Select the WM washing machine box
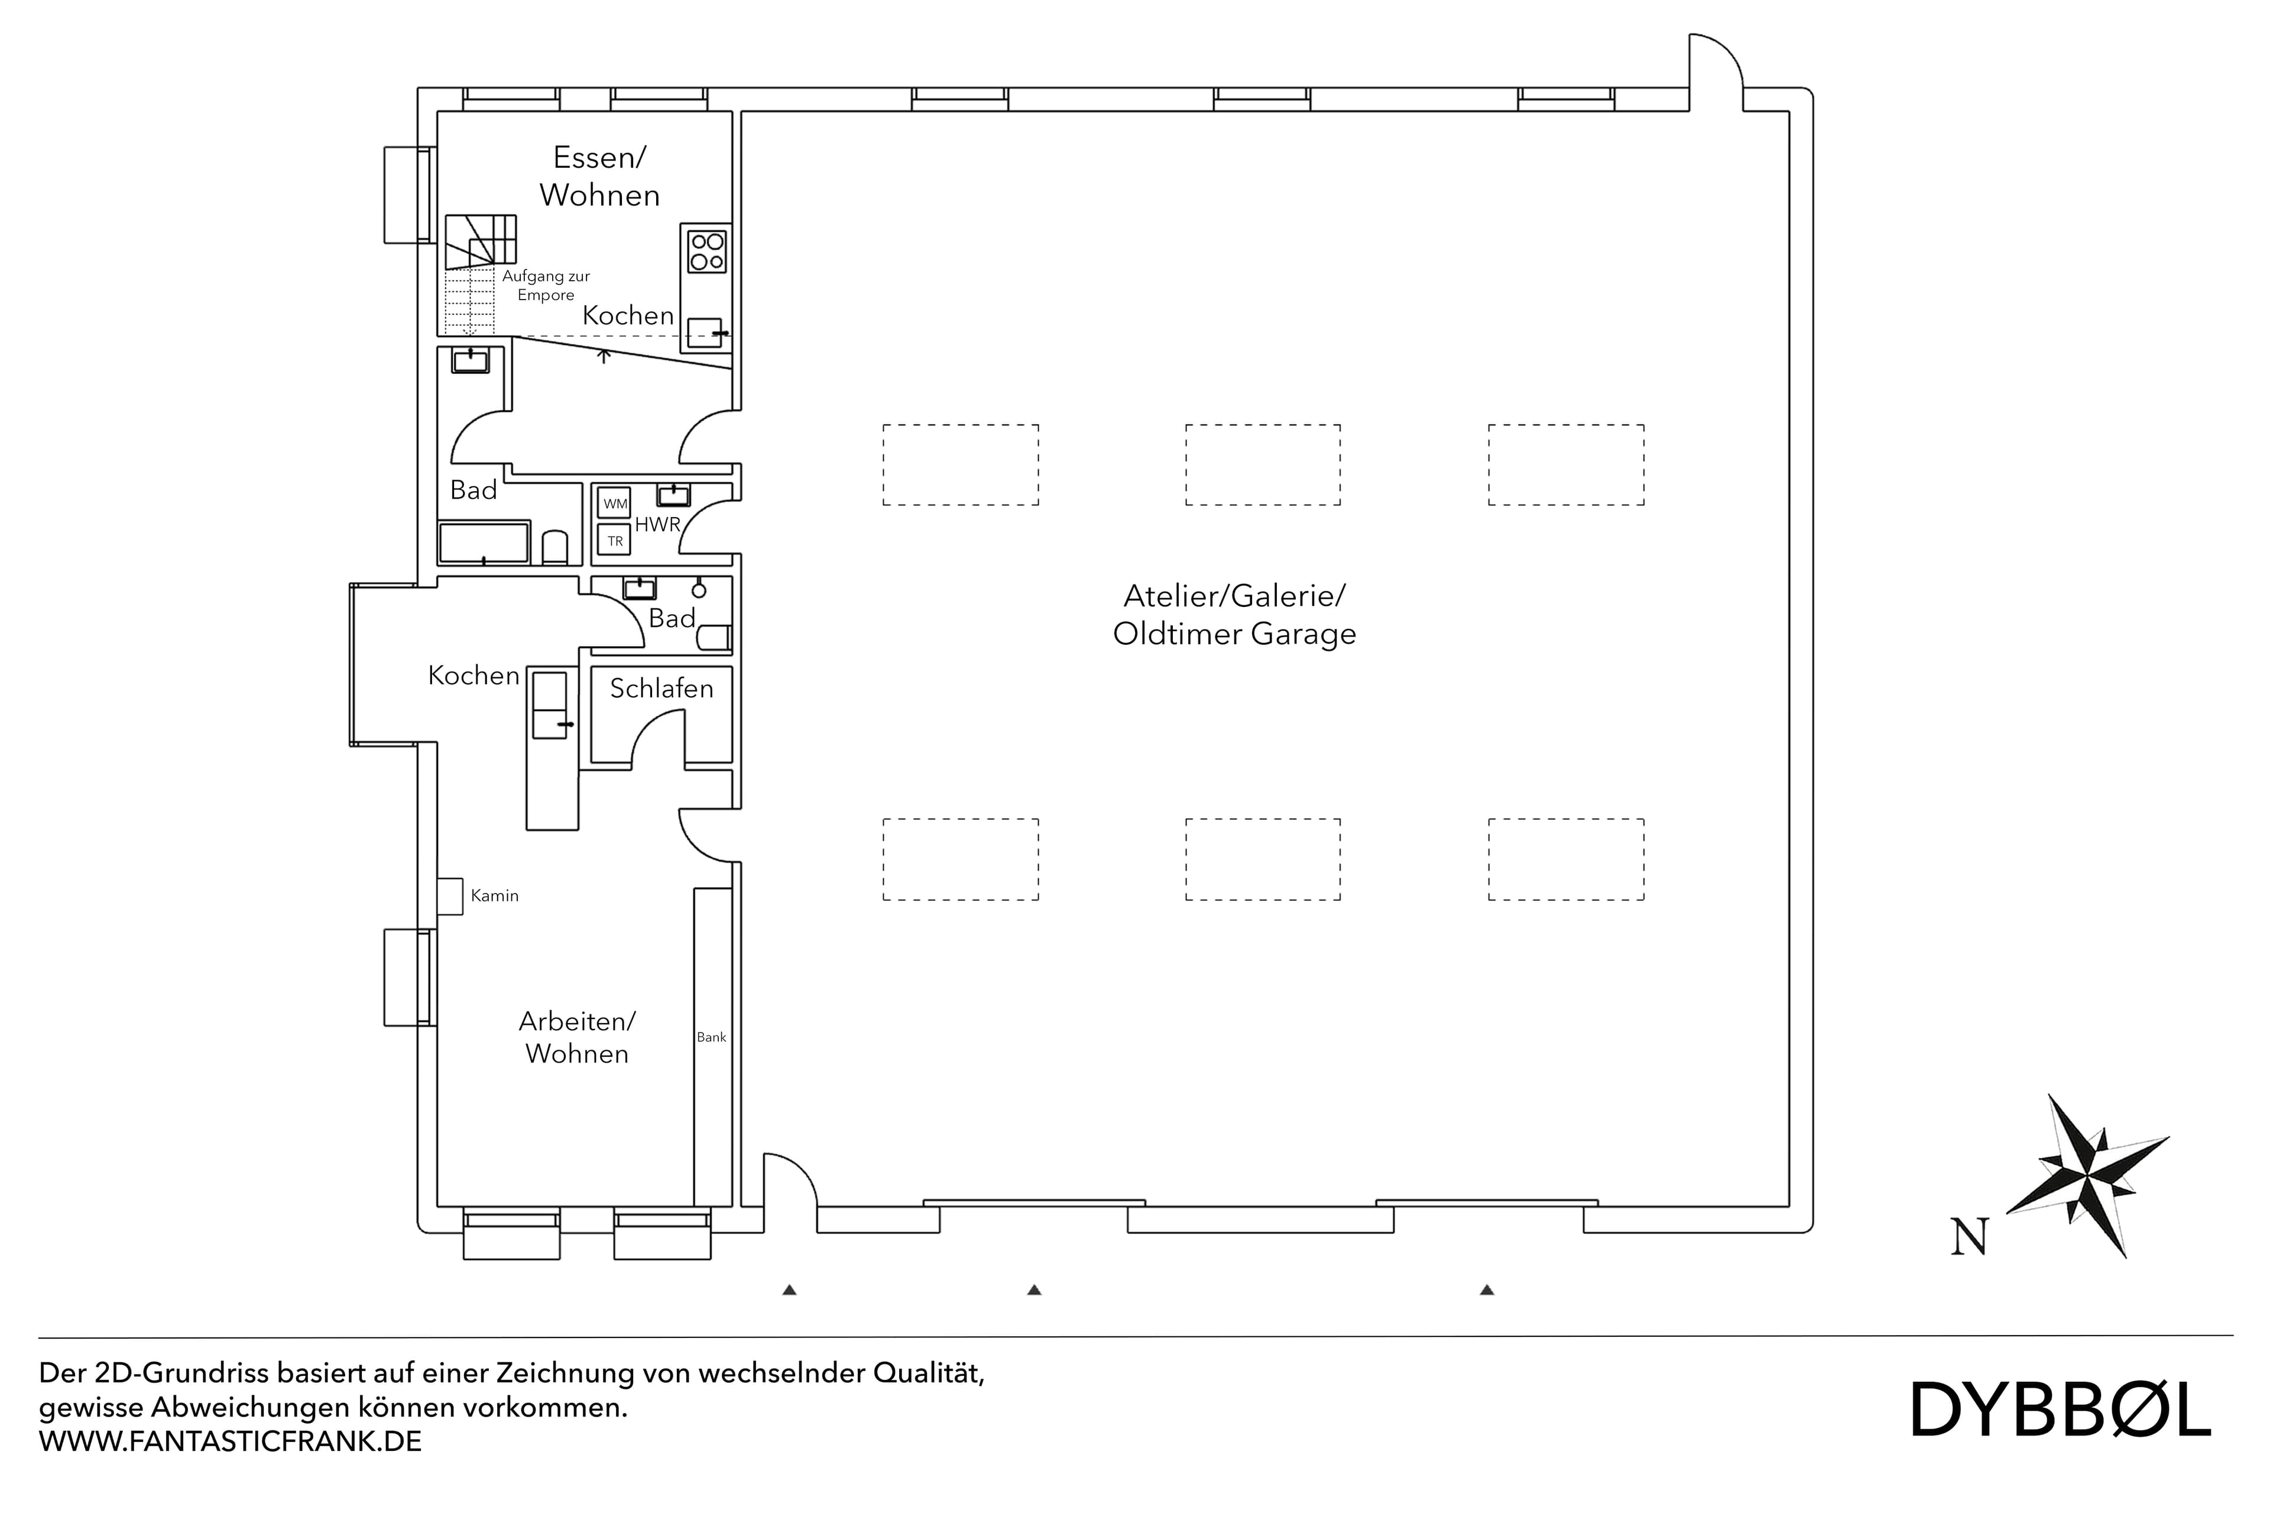coord(615,504)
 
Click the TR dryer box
coord(615,540)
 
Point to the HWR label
coord(657,525)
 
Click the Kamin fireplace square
coord(450,895)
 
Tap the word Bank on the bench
coord(711,1037)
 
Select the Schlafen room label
coord(661,688)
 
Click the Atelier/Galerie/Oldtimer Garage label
coord(1234,615)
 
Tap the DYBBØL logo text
coord(2061,1437)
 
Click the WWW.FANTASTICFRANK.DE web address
coord(230,1441)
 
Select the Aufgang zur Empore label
coord(545,285)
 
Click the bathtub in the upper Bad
coord(484,543)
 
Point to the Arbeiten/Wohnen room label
coord(577,1037)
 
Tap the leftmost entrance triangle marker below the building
coord(790,1289)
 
